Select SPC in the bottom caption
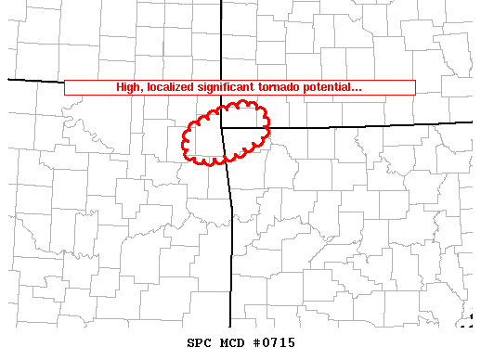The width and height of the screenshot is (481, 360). pyautogui.click(x=200, y=343)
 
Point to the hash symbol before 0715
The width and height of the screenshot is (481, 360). pyautogui.click(x=255, y=343)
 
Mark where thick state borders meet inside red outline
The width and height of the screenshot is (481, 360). pyautogui.click(x=222, y=127)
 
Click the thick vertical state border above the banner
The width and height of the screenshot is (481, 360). pyautogui.click(x=221, y=37)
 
